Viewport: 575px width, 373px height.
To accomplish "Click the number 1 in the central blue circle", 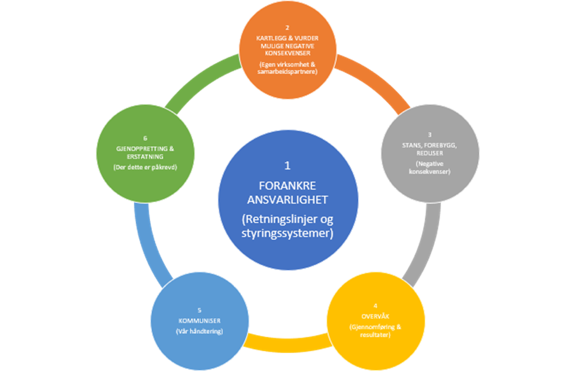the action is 287,166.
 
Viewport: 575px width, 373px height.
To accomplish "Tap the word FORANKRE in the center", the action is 287,186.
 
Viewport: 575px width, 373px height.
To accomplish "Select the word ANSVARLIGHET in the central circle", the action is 287,200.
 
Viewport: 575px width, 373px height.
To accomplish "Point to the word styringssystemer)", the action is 287,233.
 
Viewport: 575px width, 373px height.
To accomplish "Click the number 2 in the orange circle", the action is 287,28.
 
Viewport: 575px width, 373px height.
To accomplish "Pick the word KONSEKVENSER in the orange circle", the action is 287,53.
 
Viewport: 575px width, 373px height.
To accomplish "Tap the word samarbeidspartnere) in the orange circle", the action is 287,71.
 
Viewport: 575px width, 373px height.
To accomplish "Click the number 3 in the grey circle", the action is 429,135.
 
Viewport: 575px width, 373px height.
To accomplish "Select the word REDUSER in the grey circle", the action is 429,153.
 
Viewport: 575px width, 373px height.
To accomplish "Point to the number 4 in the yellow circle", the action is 376,306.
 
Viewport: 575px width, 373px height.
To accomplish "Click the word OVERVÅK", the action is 376,316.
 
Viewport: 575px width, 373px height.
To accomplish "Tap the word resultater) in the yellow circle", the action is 376,335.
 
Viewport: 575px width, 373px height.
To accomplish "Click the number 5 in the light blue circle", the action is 199,310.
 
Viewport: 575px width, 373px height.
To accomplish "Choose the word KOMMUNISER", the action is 199,321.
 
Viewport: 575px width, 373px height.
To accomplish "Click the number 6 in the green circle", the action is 146,139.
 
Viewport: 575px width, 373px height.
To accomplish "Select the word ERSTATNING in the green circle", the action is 146,157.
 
